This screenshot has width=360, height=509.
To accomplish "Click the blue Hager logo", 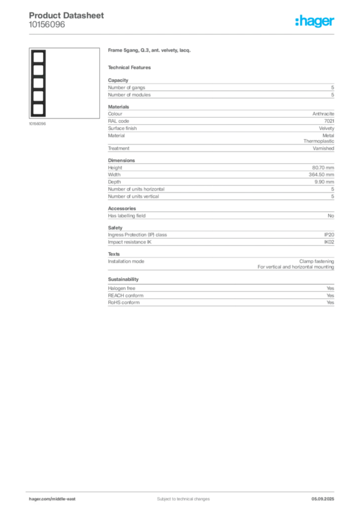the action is point(315,21).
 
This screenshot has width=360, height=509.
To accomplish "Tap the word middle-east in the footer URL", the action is point(64,499).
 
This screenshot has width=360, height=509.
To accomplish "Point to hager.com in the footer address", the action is point(40,499).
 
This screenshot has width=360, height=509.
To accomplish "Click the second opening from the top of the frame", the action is point(38,69).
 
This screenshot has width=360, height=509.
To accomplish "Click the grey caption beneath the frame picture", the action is point(38,124).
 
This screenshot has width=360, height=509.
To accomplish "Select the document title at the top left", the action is point(67,15).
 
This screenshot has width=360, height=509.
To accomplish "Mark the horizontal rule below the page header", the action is point(183,34).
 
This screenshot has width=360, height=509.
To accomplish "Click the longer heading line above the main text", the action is point(151,51).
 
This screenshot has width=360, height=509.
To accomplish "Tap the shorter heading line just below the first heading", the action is point(131,67).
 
